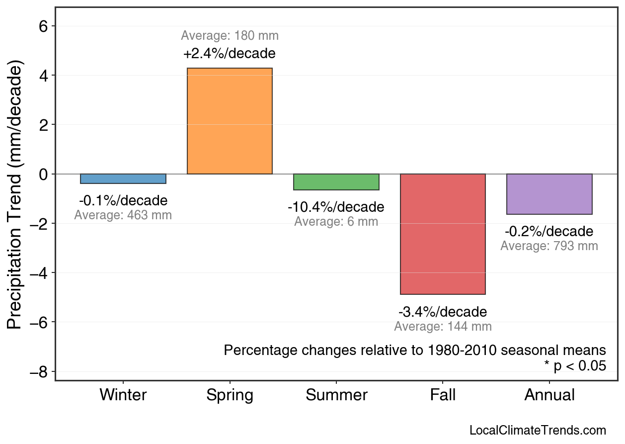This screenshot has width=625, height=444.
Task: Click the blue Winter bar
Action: (x=123, y=179)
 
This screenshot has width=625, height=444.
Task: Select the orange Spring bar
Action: (x=230, y=121)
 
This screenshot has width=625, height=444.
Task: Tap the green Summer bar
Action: (x=336, y=182)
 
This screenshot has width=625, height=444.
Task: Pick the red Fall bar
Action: (x=443, y=234)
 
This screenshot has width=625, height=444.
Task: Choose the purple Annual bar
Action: (x=549, y=194)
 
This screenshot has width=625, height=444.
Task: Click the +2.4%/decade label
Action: (x=230, y=53)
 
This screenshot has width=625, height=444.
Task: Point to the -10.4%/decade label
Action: (x=336, y=207)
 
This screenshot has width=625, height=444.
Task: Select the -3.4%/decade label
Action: (x=443, y=312)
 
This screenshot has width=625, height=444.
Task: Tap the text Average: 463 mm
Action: (x=123, y=216)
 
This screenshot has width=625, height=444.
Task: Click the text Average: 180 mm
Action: (x=230, y=36)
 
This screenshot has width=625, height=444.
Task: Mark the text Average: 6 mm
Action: (x=336, y=222)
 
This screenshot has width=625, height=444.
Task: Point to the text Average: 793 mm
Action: (x=549, y=246)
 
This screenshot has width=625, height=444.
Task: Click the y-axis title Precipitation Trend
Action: (x=15, y=195)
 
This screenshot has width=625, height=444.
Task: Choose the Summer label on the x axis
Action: (x=336, y=395)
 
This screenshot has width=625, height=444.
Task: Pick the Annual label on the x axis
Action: (x=549, y=395)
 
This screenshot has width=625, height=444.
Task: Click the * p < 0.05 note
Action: (x=575, y=366)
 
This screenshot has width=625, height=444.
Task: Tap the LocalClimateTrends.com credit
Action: (x=538, y=431)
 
